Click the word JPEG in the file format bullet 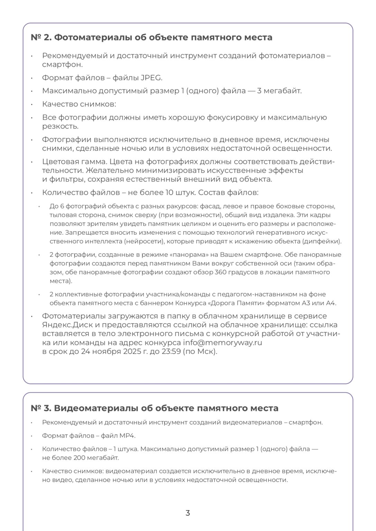[151, 78]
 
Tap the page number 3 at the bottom [188, 513]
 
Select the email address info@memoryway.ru [222, 343]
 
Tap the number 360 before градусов [221, 272]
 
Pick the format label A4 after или [331, 303]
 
